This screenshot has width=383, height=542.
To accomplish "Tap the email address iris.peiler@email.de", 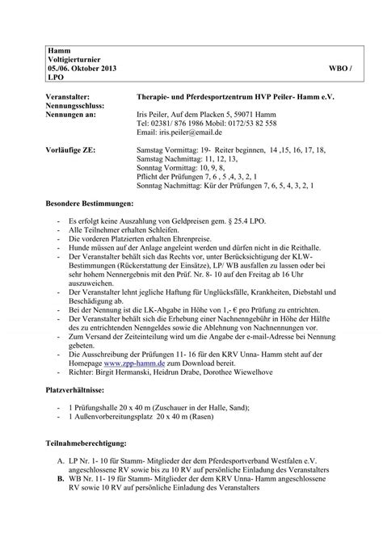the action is point(191,132).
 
